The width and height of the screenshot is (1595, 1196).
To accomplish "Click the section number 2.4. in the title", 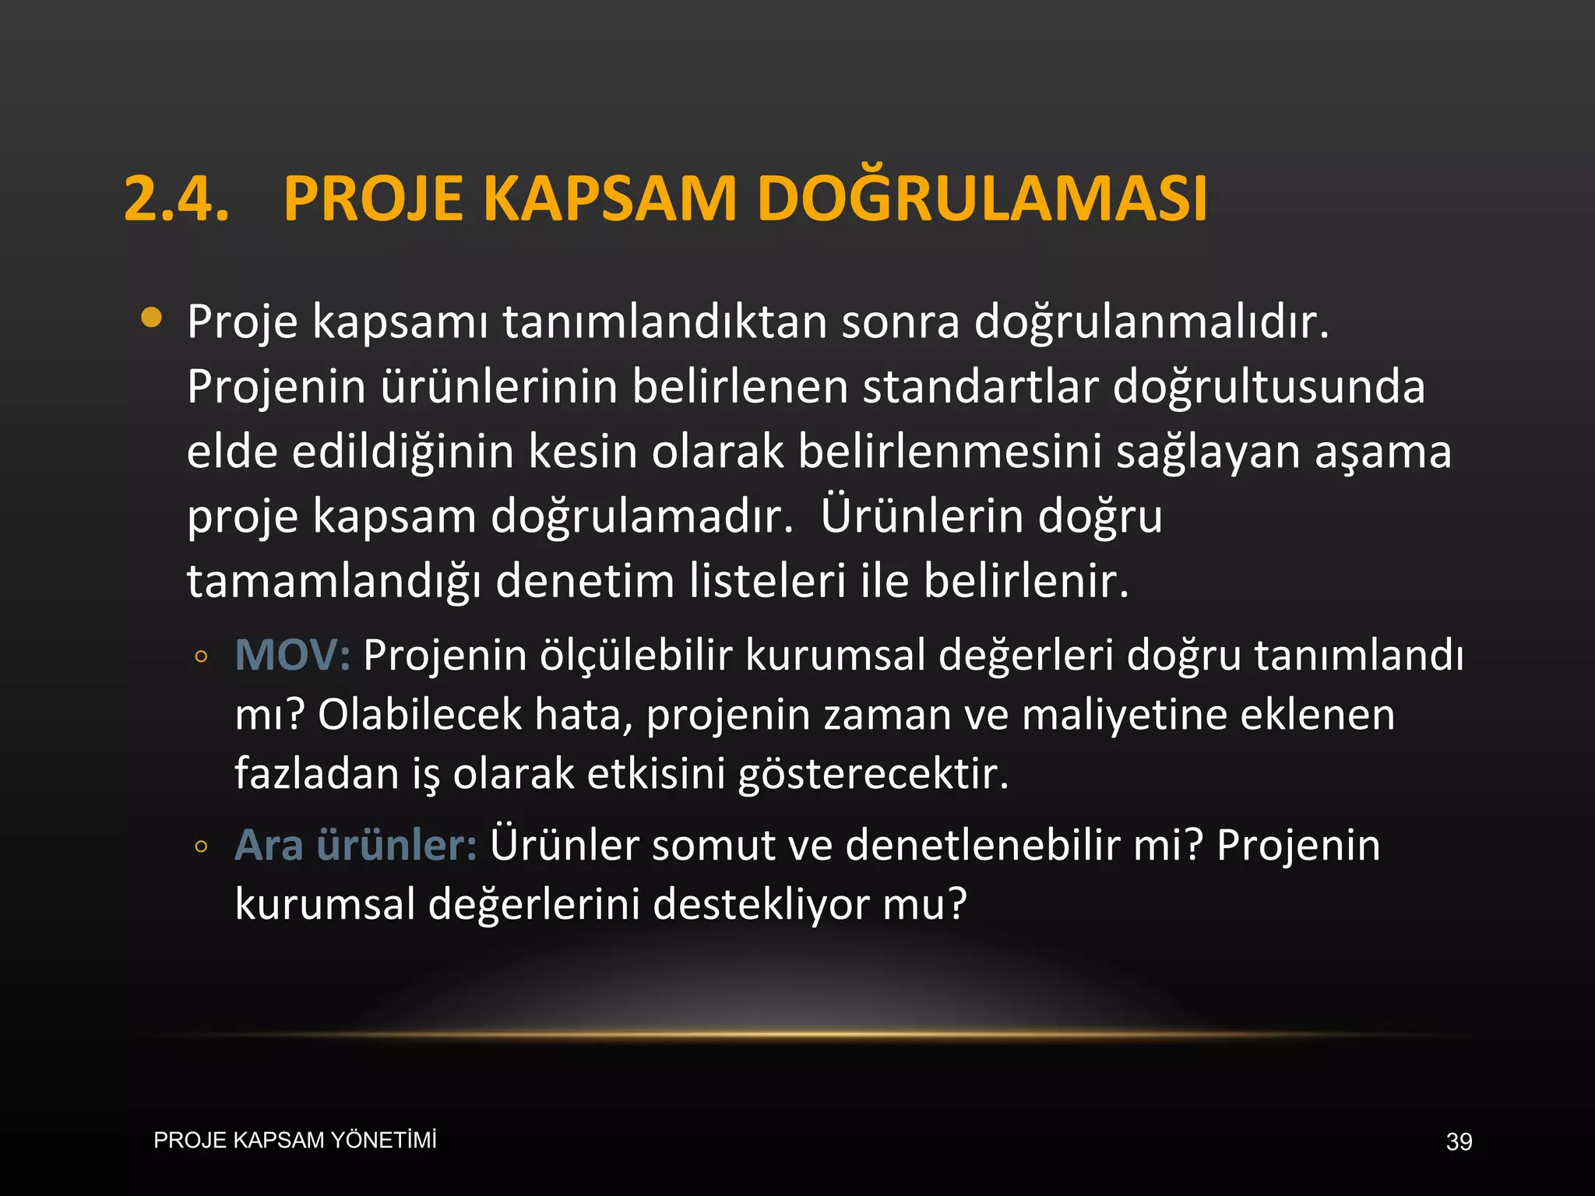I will coord(176,199).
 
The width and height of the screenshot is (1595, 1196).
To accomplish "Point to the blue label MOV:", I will coord(292,655).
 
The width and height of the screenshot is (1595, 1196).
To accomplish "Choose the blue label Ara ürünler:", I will coord(355,845).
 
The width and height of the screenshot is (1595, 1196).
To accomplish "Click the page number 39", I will coord(1459,1141).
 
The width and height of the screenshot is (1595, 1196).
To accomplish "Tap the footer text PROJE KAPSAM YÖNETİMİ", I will coord(295,1140).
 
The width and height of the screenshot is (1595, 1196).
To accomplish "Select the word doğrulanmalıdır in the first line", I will coord(1151,322).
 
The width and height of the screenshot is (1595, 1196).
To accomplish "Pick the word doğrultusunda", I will coord(1269,388).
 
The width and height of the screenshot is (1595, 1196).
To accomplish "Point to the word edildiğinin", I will coord(403,452).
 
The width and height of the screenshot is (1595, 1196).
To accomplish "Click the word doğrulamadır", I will coord(642,517).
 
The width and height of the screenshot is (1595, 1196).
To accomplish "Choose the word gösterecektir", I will coord(873,774).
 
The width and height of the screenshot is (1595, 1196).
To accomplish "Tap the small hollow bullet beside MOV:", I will coord(201,656).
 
